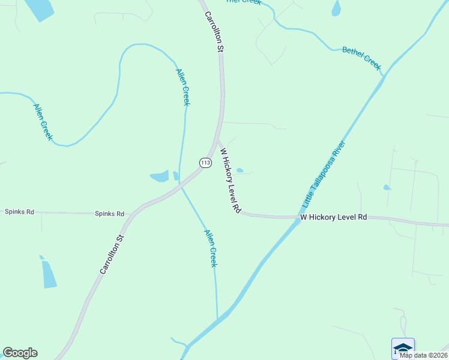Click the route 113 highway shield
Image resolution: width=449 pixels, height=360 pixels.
pos(205,163)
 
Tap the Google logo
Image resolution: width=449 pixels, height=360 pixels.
pos(20,353)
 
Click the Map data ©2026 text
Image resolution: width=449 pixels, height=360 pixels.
pos(423,355)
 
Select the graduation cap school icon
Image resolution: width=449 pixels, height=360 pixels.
pos(403,347)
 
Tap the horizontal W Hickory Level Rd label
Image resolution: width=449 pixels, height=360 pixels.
pos(333,217)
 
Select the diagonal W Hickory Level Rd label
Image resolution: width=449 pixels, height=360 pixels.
pos(230,181)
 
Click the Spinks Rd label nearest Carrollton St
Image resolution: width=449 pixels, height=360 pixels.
pos(109,214)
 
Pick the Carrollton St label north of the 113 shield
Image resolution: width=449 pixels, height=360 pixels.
pos(214,31)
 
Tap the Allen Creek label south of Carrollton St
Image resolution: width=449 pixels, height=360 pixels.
pos(209,248)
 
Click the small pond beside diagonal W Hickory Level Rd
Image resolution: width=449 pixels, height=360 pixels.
pos(240,170)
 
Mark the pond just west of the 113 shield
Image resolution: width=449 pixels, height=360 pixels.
pos(160,176)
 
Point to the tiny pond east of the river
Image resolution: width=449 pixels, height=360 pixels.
pos(387,188)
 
